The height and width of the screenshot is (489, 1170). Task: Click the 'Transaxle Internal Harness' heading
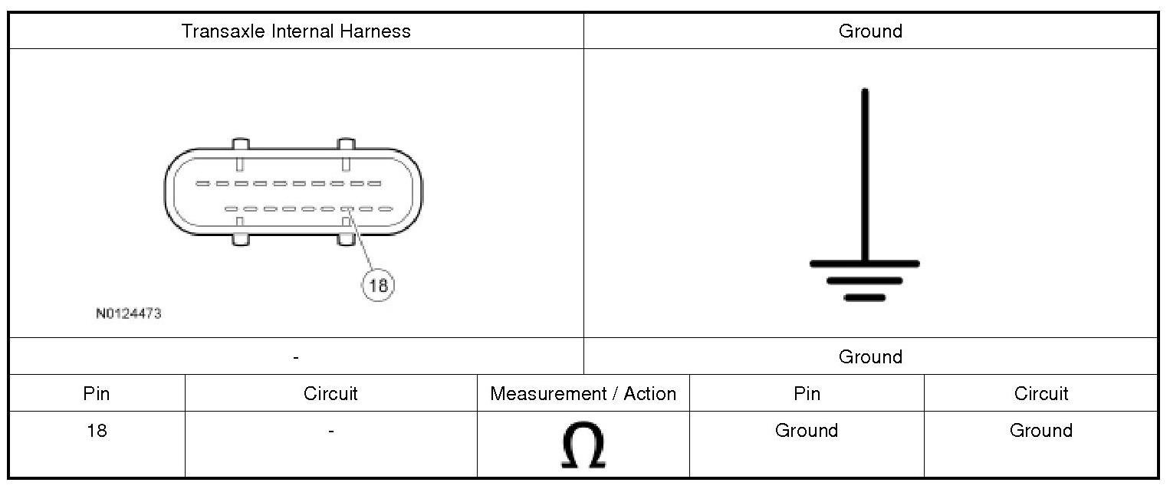click(x=296, y=31)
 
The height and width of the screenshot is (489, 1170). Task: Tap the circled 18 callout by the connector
click(x=378, y=286)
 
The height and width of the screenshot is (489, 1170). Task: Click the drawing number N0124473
click(x=129, y=313)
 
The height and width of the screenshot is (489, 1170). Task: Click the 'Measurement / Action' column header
click(x=583, y=394)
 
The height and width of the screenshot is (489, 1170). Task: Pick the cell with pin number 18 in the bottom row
click(x=97, y=431)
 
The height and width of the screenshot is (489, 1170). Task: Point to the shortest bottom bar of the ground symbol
click(x=865, y=297)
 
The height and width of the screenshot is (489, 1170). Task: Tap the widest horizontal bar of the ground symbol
click(x=865, y=264)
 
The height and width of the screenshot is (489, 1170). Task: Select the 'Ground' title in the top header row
click(x=870, y=31)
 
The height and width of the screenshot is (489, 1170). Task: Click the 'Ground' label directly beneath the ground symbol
click(x=870, y=356)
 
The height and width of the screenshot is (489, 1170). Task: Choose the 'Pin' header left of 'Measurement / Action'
click(x=97, y=394)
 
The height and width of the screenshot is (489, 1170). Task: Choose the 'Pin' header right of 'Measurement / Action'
click(x=807, y=394)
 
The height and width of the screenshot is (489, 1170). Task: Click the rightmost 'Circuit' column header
click(x=1040, y=394)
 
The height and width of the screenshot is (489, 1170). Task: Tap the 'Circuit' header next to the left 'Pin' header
click(x=330, y=394)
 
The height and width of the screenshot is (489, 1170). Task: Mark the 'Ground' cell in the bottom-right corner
click(x=1040, y=431)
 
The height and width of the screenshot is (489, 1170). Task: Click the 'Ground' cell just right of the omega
click(x=807, y=431)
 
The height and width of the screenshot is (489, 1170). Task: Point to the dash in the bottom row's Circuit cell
click(x=330, y=432)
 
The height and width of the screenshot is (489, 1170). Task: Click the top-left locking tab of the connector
click(x=240, y=145)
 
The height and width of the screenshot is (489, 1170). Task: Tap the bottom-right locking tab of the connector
click(x=346, y=238)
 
